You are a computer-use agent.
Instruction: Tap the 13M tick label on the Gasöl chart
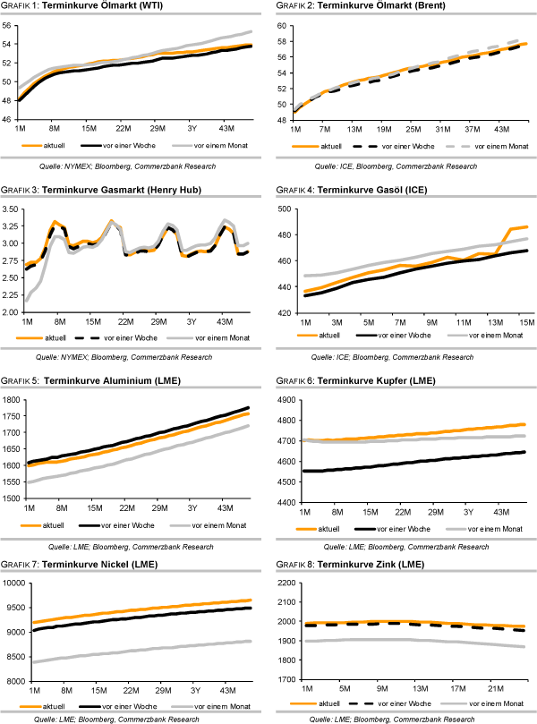pos(494,321)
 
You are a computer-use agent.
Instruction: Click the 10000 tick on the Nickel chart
pos(13,583)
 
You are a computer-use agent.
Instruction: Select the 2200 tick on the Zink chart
pos(286,583)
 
